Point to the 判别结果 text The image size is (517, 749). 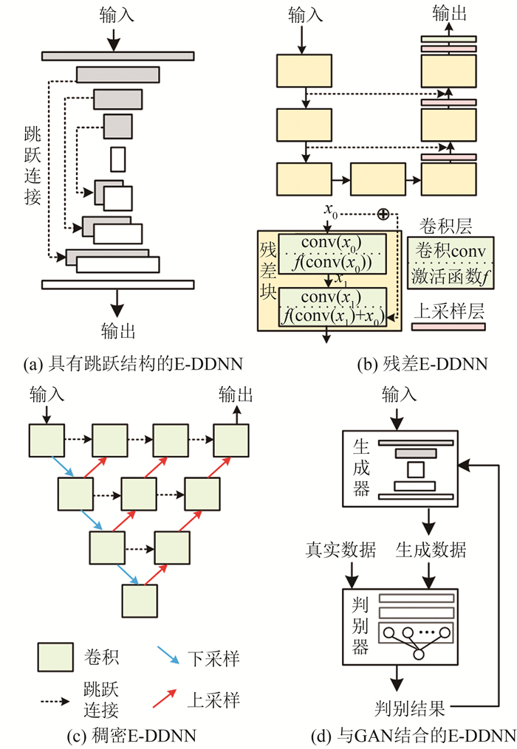[408, 710]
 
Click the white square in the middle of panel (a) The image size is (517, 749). [118, 159]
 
